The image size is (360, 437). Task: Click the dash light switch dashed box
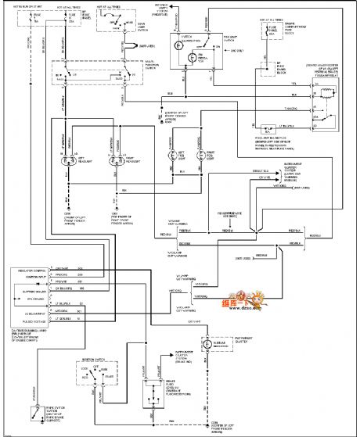click(117, 23)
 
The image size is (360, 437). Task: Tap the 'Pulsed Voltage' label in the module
click(36, 321)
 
